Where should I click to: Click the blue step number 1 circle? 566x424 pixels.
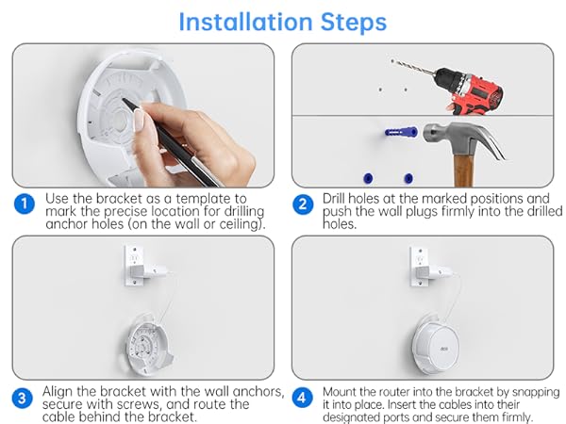tap(25, 204)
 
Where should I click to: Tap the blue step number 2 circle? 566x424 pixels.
tap(303, 204)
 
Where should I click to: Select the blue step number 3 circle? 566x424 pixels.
tap(22, 398)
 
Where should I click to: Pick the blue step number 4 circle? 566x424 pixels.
tap(302, 398)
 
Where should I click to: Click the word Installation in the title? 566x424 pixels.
tap(245, 22)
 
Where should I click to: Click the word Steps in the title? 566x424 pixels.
tap(354, 23)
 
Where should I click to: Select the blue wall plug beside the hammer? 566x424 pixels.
tap(401, 132)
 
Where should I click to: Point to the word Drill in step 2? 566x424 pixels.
tap(334, 198)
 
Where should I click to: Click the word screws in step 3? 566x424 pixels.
tap(138, 404)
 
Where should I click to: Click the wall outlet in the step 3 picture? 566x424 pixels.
tap(134, 266)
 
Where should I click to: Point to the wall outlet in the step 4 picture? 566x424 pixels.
tap(420, 267)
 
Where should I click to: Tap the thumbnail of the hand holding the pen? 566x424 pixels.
tap(143, 115)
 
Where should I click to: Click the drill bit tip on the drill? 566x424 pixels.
tap(392, 60)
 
